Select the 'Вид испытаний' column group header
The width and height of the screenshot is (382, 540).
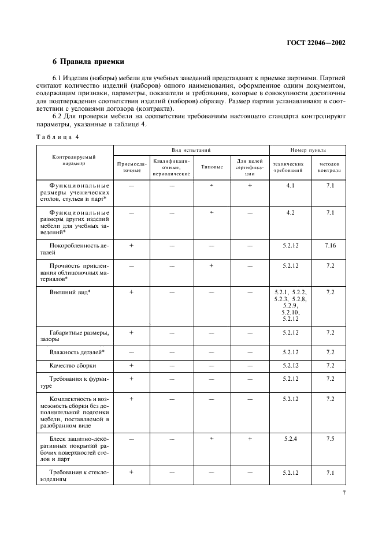pyautogui.click(x=191, y=150)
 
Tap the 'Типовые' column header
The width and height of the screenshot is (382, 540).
pyautogui.click(x=212, y=167)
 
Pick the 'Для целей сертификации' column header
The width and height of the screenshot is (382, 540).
pyautogui.click(x=250, y=167)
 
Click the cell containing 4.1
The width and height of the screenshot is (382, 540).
pyautogui.click(x=290, y=186)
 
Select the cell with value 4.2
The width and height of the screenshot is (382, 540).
pyautogui.click(x=290, y=213)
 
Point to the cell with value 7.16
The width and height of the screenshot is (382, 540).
pyautogui.click(x=330, y=246)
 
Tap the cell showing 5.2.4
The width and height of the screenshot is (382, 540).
pyautogui.click(x=290, y=439)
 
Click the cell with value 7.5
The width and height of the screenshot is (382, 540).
pyautogui.click(x=330, y=439)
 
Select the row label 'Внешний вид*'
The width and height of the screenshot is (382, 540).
pyautogui.click(x=74, y=292)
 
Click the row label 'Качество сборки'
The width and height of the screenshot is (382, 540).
pyautogui.click(x=73, y=365)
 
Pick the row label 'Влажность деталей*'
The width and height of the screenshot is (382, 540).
pyautogui.click(x=77, y=351)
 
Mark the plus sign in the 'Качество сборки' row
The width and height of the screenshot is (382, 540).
pyautogui.click(x=132, y=365)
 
